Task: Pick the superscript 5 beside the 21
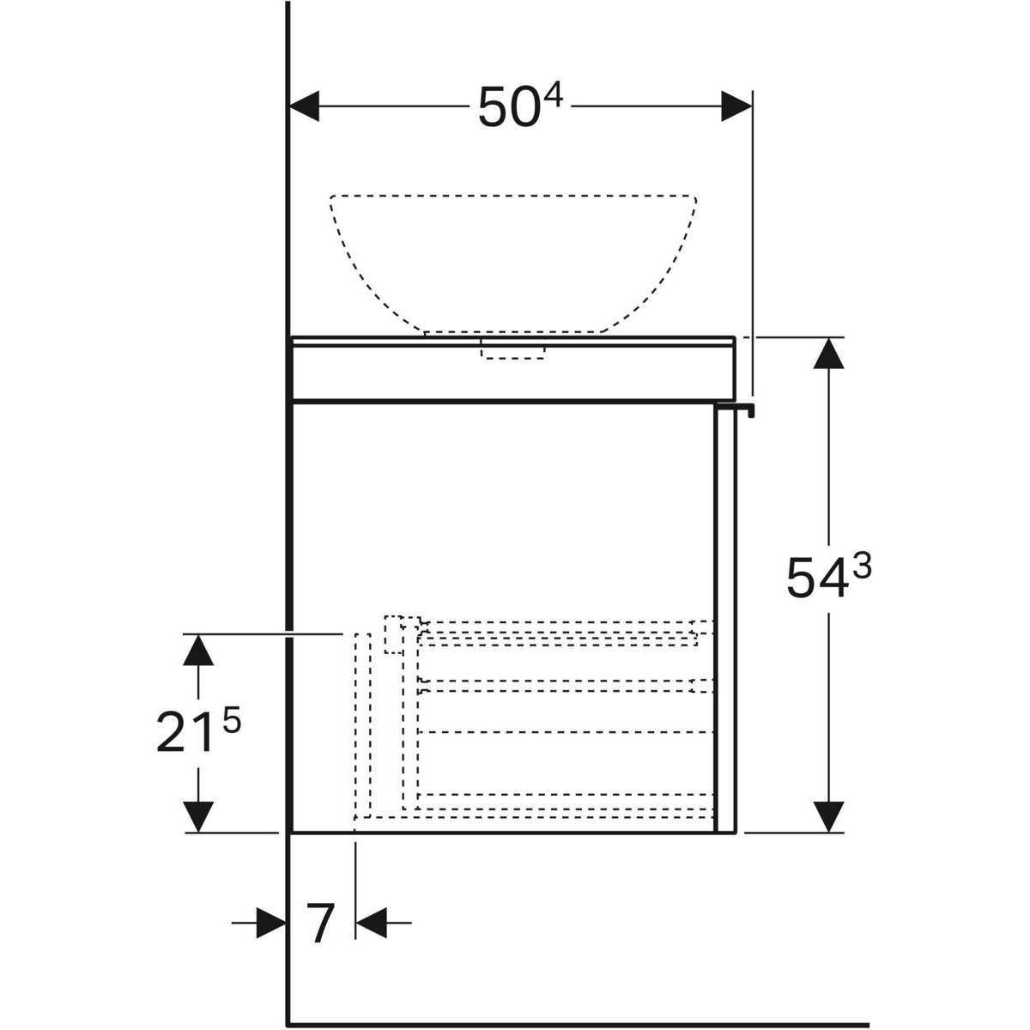coord(232,720)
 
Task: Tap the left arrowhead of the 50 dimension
coord(304,106)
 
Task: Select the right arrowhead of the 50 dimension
coord(736,106)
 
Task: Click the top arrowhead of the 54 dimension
coord(828,354)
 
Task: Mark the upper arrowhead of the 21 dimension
coord(198,650)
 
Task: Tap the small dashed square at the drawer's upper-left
coord(394,634)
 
